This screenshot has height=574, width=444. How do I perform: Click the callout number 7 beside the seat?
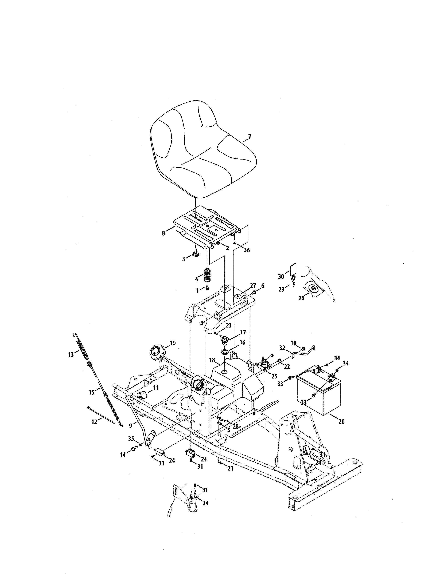[249, 137]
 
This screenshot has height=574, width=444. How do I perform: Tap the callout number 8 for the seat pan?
[164, 233]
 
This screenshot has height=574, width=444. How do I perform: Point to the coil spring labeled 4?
[208, 274]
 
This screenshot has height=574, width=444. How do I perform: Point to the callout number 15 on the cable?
[92, 392]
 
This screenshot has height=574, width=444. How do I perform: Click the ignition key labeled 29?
[294, 282]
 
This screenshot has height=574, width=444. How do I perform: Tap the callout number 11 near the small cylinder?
[156, 387]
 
